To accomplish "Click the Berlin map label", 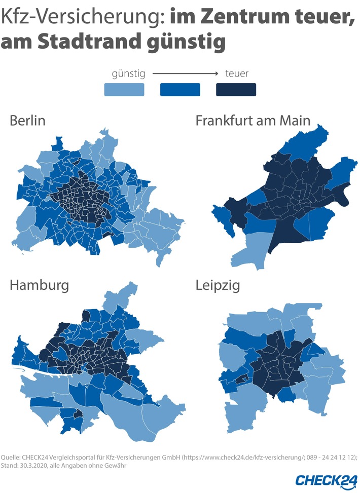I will (27, 121).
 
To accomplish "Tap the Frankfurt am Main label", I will (253, 121).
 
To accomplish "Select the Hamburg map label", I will (39, 285).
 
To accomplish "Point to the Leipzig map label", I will (218, 285).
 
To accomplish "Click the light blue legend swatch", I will (124, 90).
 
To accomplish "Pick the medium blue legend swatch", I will (180, 90).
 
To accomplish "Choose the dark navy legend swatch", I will (236, 90).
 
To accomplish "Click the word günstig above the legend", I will (128, 74).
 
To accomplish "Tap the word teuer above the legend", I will (236, 74).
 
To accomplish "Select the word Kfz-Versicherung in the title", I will (81, 18).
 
